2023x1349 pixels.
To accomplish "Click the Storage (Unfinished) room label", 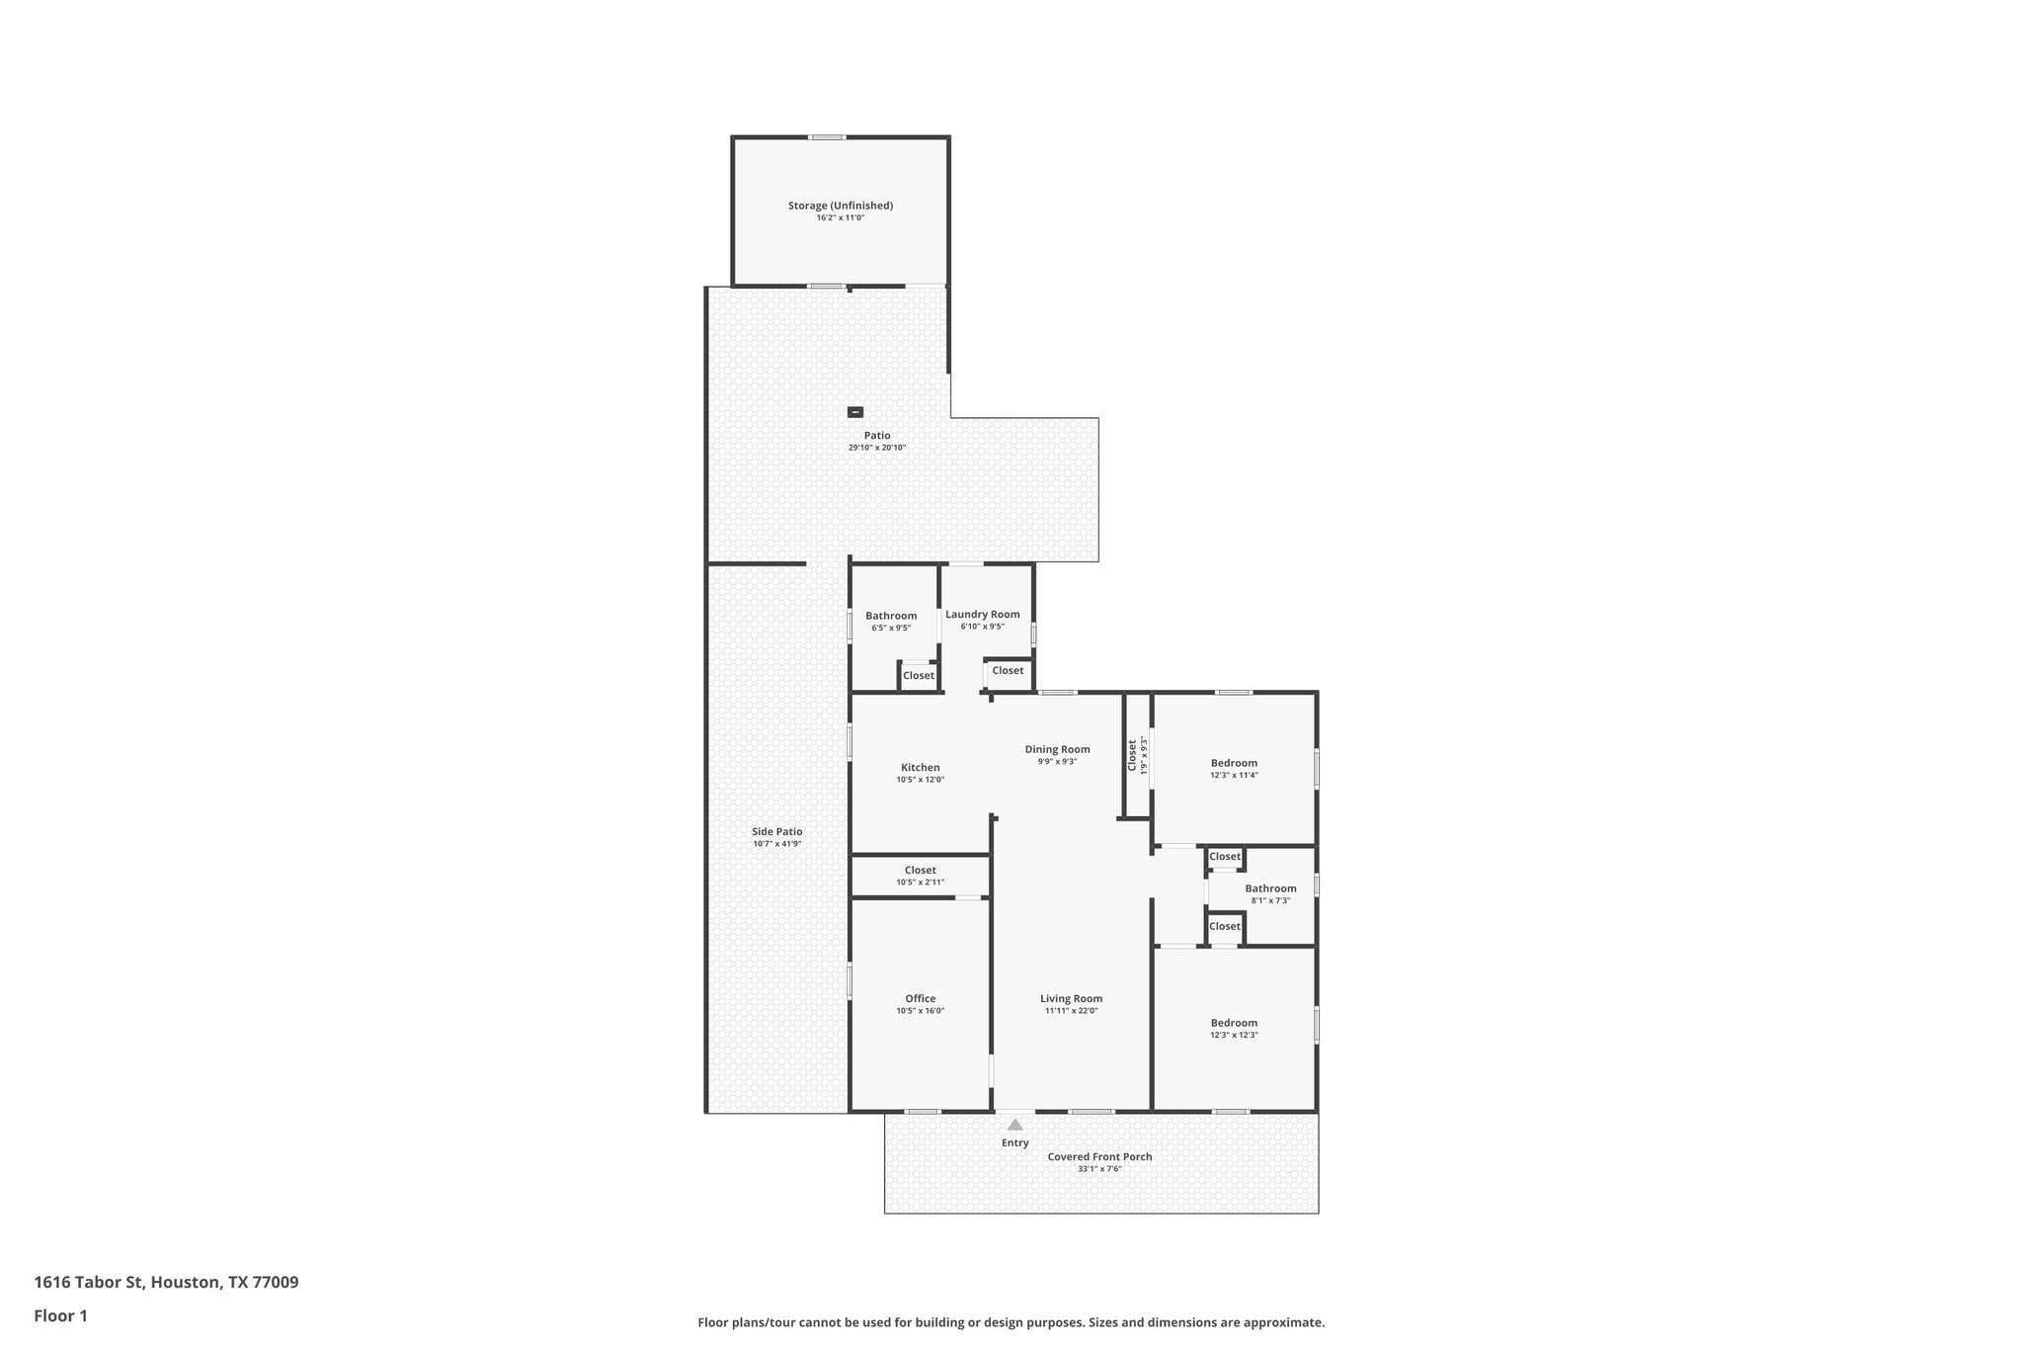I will click(840, 206).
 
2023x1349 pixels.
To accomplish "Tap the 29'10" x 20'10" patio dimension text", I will click(876, 448).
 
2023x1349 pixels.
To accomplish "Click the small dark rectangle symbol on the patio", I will click(855, 412).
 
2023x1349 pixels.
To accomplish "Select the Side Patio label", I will click(776, 832).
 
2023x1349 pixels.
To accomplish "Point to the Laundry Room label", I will click(982, 615).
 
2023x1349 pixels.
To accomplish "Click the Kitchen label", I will click(920, 768).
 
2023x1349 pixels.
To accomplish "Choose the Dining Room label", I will click(1057, 749).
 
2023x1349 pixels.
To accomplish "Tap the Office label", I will click(920, 999).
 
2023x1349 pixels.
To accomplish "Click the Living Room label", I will click(1071, 999).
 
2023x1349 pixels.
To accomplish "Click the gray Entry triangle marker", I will click(1014, 1125).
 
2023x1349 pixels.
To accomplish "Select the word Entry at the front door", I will click(1014, 1143).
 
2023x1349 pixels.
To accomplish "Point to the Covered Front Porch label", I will click(1099, 1157).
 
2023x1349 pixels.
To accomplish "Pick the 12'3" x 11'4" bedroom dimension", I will click(1234, 776).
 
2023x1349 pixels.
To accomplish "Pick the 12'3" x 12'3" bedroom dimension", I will click(1234, 1036).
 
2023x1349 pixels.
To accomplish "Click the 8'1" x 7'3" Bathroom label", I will click(1270, 888).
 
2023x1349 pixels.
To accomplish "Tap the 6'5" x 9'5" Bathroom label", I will click(891, 617).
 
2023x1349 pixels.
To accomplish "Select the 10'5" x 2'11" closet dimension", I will click(920, 883).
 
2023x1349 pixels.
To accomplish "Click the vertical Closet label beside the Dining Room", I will click(1132, 755).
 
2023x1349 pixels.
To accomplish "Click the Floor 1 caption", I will click(60, 1315).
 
